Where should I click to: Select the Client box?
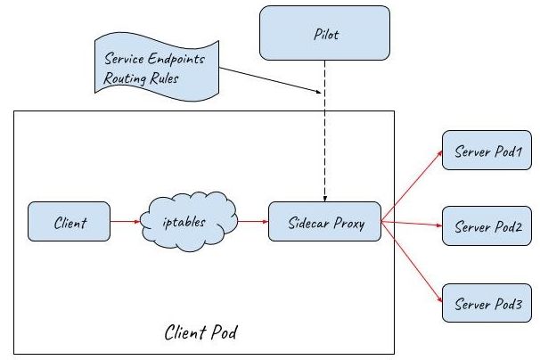click(x=69, y=221)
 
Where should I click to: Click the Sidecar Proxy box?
click(x=323, y=221)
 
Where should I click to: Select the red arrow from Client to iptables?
click(x=124, y=221)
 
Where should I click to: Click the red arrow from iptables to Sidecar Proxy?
click(x=253, y=221)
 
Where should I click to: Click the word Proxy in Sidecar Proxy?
click(x=350, y=222)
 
